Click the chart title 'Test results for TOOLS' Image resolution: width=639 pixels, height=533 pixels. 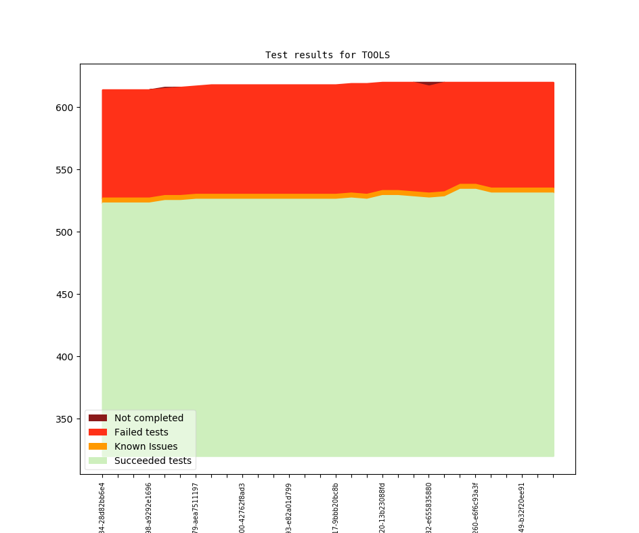pos(327,55)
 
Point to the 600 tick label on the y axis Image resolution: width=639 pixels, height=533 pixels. pos(63,108)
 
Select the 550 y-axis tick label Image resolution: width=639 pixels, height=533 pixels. pos(63,170)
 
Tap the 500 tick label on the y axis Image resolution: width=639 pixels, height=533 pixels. pos(63,232)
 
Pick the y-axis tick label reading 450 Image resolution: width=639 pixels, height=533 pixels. pos(63,295)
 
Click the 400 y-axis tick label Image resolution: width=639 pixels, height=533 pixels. pos(63,357)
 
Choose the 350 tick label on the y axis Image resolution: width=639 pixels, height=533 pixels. pos(63,419)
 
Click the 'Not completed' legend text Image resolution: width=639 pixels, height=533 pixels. pos(149,418)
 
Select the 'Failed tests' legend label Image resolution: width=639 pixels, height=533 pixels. pos(141,432)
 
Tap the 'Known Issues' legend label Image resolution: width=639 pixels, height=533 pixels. pos(146,446)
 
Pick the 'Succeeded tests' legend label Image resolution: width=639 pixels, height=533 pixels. pos(153,461)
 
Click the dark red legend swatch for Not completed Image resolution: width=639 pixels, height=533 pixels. pos(97,418)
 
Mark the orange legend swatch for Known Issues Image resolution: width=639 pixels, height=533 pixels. pos(97,446)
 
